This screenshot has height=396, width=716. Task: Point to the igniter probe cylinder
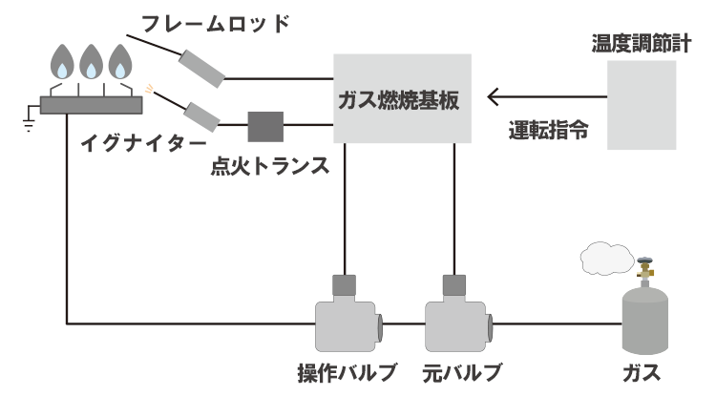(202, 114)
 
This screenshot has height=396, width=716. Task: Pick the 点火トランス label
(271, 166)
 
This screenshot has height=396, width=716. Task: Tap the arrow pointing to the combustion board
(544, 96)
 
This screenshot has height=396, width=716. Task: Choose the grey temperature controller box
(642, 104)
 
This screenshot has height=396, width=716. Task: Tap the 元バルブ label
(461, 371)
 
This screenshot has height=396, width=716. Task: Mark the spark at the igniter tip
(149, 90)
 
